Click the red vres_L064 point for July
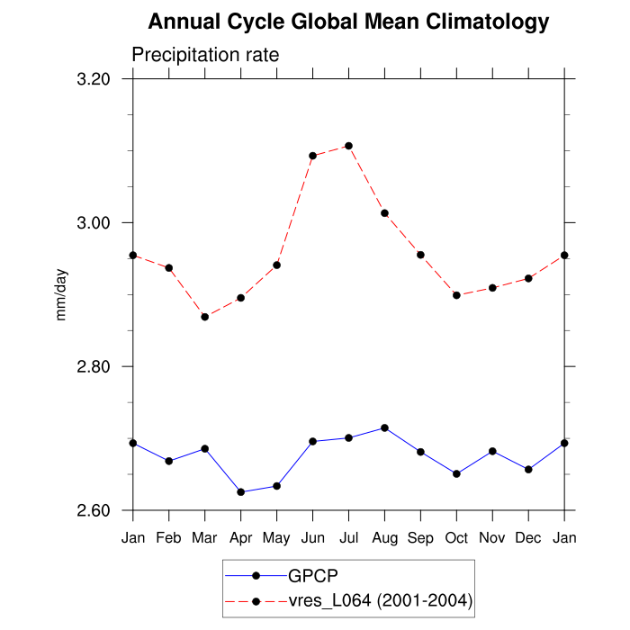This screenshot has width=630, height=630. pos(348,146)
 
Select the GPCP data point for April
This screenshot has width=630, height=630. pos(240,492)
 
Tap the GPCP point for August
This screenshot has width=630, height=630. pos(384,427)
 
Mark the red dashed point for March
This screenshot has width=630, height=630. pos(205,317)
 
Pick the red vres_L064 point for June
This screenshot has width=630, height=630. pos(312,156)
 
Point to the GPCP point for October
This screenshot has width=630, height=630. pos(456,473)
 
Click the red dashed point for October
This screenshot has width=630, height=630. pos(456,295)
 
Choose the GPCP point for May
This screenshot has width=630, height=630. pos(276,486)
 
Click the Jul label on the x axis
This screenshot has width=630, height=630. pos(348,537)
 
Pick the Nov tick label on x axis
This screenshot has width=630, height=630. pos(492,537)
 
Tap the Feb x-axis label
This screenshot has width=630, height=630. pos(169,537)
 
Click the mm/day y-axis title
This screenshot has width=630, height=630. pos(62,295)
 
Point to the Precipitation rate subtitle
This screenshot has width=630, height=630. pos(205,55)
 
